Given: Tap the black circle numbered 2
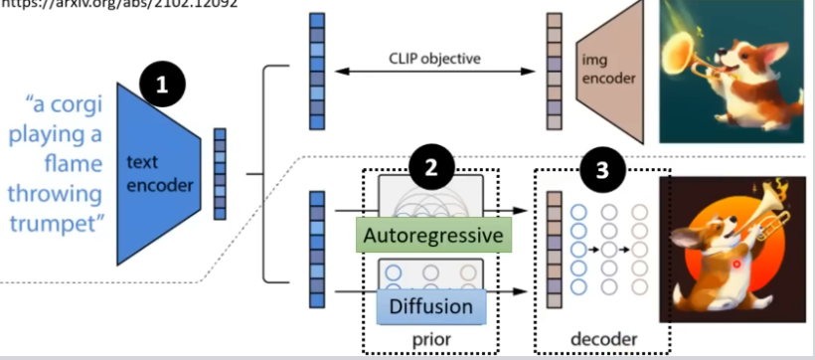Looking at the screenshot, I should point(431,168).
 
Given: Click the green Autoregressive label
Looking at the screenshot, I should point(431,236).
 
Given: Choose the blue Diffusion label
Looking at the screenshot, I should point(431,305).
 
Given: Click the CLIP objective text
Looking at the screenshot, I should point(433,59).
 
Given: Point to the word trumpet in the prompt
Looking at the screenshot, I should point(55,222).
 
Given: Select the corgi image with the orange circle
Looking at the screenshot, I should point(733,249).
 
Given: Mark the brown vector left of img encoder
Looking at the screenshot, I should point(554,70).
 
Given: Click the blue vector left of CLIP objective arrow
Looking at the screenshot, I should point(315,70).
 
